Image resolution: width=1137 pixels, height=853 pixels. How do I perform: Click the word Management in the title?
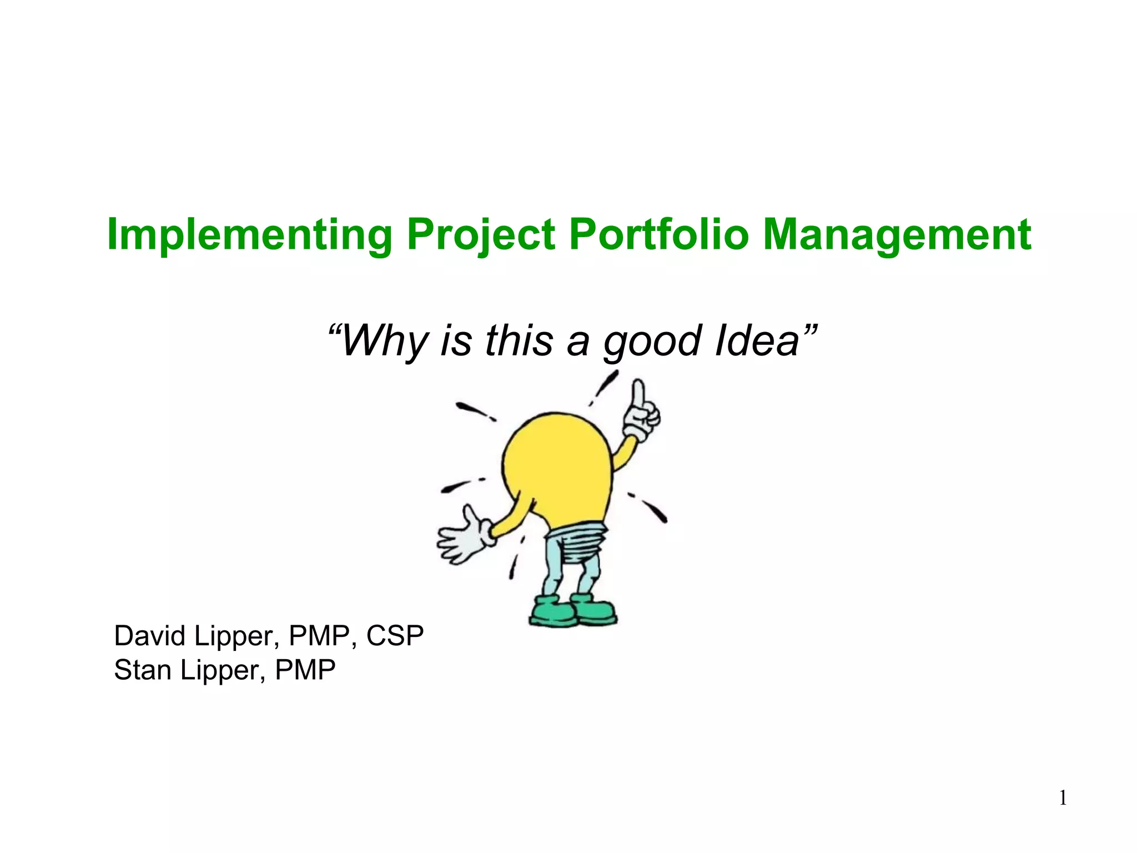click(x=897, y=235)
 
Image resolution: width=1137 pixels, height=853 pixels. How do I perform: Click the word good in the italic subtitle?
click(x=653, y=342)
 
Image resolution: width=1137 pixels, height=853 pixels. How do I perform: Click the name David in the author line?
click(x=150, y=636)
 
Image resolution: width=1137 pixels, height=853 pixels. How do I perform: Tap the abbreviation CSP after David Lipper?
click(x=395, y=636)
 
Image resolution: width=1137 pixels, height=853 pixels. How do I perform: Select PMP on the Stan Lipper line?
click(x=305, y=670)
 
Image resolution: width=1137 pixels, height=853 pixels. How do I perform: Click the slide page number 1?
click(x=1063, y=799)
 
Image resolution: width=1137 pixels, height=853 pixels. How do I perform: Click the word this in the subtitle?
click(x=519, y=340)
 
